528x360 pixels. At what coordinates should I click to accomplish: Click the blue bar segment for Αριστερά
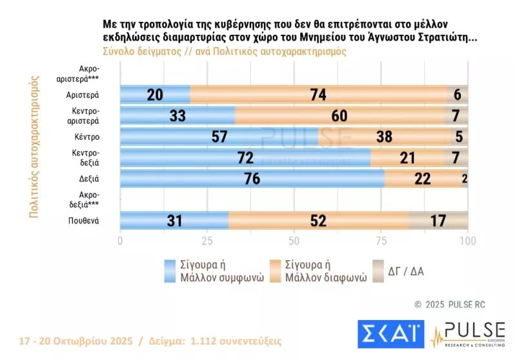tap(155, 94)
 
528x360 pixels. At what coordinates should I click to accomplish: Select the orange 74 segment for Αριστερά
tap(319, 94)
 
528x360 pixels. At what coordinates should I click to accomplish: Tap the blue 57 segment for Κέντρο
tap(219, 137)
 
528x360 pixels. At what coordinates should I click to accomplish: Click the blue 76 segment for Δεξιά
tap(252, 179)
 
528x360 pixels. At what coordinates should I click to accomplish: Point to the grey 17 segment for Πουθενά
tap(438, 221)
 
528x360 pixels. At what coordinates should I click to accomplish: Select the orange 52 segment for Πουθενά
tap(318, 221)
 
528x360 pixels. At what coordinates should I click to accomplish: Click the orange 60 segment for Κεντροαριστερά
tap(340, 115)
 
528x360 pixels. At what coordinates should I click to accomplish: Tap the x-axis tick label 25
tap(207, 241)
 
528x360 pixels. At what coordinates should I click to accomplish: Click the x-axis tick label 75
tap(381, 241)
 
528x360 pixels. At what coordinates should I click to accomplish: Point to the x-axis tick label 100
tap(467, 241)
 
